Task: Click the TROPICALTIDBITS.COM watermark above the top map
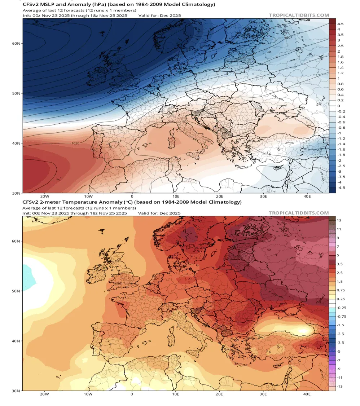coord(299,15)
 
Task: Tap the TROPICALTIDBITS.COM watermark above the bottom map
coord(299,213)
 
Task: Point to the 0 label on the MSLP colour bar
coord(338,106)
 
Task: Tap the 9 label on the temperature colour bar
coord(338,238)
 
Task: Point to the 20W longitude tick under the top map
coord(44,197)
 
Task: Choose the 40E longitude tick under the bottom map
coord(307,394)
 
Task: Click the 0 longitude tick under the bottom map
coord(132,394)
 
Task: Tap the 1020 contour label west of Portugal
coord(75,143)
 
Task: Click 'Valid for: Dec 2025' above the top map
coord(159,16)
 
